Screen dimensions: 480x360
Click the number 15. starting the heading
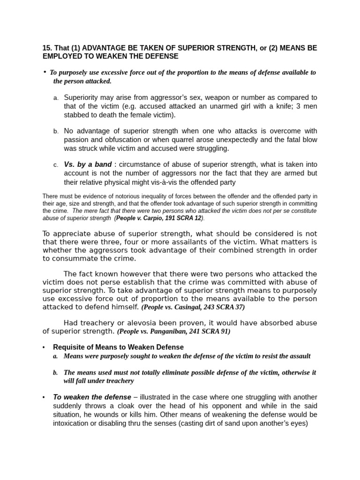coord(47,48)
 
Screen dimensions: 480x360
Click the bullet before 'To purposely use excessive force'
coord(45,72)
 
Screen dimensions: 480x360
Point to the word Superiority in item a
coord(82,97)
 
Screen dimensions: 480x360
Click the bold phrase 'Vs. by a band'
coord(88,165)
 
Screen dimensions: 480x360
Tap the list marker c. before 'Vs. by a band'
coord(56,165)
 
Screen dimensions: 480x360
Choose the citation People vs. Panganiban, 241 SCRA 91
coord(174,331)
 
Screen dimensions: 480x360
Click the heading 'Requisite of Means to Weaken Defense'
coord(118,347)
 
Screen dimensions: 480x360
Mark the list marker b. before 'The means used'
coord(55,373)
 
